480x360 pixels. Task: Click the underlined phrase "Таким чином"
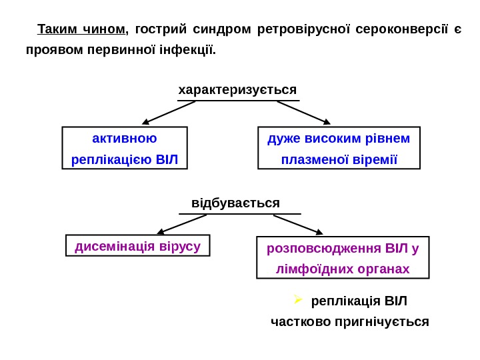[81, 29]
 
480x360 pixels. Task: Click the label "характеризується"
[237, 89]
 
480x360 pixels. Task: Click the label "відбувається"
[235, 203]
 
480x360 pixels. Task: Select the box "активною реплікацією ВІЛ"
[125, 148]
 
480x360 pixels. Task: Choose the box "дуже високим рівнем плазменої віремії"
[339, 148]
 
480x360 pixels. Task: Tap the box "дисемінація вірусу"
[138, 245]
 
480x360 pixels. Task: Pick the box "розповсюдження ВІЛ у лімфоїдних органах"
[343, 257]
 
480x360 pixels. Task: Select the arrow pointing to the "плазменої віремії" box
[304, 113]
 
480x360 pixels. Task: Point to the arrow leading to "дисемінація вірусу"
[181, 225]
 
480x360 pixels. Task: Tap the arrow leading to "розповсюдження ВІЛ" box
[298, 225]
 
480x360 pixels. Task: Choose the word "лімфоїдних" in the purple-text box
[311, 269]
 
